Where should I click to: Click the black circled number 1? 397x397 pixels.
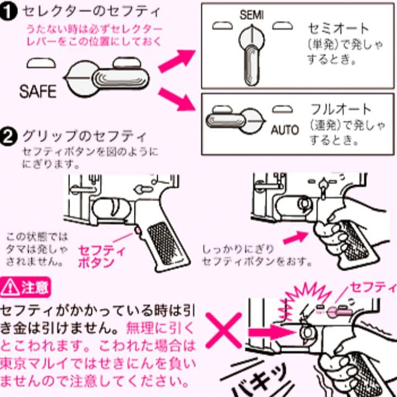(x=8, y=12)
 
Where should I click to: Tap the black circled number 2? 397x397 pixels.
(x=8, y=137)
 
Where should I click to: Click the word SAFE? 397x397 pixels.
(x=37, y=92)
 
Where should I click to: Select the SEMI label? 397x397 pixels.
(x=251, y=15)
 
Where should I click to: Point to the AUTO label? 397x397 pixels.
(x=285, y=130)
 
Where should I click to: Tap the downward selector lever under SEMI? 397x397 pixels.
(x=251, y=65)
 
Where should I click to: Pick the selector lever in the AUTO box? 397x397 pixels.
(x=226, y=121)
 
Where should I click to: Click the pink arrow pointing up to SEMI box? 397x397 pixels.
(x=176, y=61)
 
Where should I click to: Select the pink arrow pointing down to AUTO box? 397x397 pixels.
(x=177, y=99)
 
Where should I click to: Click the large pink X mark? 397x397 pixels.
(x=224, y=330)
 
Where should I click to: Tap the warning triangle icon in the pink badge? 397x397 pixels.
(x=10, y=287)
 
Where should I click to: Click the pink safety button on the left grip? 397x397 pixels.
(x=138, y=230)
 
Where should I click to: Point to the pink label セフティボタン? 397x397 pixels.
(x=101, y=256)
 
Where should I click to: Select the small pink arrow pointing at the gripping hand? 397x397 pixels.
(x=295, y=237)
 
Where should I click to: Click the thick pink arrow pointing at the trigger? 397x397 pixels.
(x=271, y=332)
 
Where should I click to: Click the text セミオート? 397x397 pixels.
(x=338, y=28)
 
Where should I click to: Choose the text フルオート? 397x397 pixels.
(x=341, y=109)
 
